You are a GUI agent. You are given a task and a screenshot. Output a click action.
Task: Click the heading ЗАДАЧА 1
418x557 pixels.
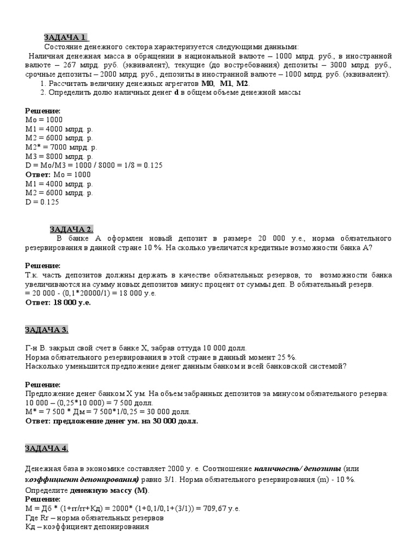click(x=65, y=37)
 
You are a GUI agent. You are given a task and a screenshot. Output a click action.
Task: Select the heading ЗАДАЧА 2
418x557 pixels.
click(x=72, y=229)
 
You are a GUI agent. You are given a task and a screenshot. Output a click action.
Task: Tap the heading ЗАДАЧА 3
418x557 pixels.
click(x=47, y=330)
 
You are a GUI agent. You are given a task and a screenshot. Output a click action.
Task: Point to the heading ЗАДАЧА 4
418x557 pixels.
click(x=47, y=448)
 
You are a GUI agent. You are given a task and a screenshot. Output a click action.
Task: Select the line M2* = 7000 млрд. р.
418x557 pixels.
click(x=62, y=147)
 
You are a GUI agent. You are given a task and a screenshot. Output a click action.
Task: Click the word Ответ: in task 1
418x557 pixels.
click(x=38, y=175)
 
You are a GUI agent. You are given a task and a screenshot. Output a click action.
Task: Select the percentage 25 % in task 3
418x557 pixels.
click(x=285, y=357)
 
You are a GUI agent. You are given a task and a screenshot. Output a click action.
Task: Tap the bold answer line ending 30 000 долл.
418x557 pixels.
click(x=112, y=421)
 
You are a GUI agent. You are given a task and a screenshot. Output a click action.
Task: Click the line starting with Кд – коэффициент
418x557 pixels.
click(x=87, y=527)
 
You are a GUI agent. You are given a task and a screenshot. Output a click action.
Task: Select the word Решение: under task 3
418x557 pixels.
click(x=43, y=384)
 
